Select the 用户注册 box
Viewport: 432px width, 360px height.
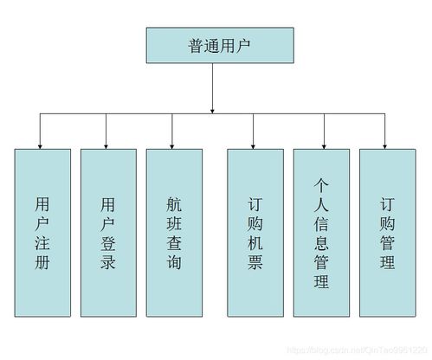[x=42, y=233]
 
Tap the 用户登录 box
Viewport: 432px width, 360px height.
[x=108, y=233]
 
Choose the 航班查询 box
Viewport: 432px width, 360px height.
[x=173, y=233]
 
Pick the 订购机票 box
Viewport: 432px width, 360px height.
[x=255, y=233]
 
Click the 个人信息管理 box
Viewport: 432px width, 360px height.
[x=321, y=233]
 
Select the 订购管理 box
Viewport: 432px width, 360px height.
[x=387, y=233]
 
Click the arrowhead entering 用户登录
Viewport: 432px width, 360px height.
[x=107, y=144]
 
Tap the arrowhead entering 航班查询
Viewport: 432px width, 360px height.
[x=173, y=144]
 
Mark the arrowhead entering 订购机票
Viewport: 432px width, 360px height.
[x=255, y=144]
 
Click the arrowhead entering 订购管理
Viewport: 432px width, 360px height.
[x=386, y=144]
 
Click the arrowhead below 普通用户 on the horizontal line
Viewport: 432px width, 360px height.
[x=212, y=109]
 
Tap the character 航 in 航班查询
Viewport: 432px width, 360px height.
[x=173, y=204]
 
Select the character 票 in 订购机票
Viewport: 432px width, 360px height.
[x=255, y=261]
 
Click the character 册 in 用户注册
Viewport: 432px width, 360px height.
[x=42, y=261]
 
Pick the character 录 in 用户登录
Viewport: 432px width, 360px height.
[x=108, y=261]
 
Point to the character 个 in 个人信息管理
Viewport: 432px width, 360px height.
[x=321, y=185]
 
